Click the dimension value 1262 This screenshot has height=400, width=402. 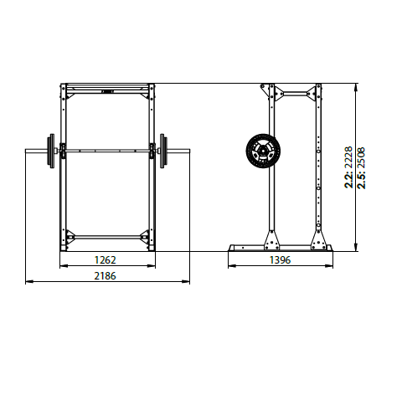coord(106,260)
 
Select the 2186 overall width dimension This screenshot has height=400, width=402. coord(106,275)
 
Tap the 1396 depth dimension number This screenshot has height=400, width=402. coord(281,260)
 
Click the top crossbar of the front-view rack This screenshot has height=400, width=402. coord(106,87)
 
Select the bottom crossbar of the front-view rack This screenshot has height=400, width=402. coord(106,237)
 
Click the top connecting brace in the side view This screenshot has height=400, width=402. coord(293,91)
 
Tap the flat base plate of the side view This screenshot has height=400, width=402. coord(281,248)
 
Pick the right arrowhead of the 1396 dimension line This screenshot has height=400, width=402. coord(332,267)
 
